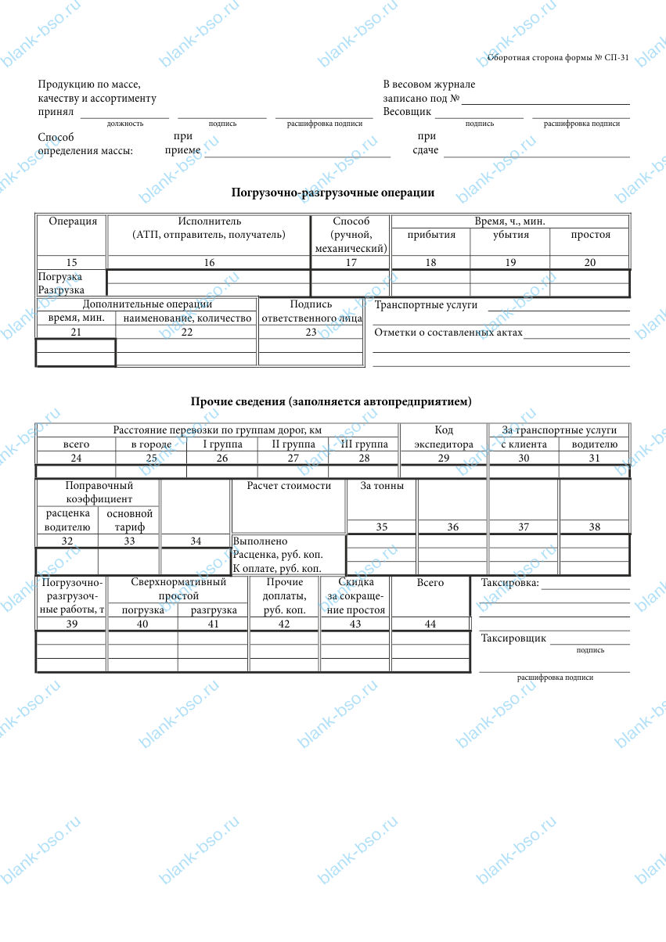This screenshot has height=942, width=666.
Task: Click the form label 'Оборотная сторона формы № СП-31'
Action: click(558, 58)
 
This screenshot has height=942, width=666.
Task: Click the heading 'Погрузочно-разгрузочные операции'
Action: click(333, 192)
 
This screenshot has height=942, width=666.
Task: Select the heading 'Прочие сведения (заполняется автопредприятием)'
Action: click(332, 401)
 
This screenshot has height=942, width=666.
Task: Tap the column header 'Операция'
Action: click(73, 221)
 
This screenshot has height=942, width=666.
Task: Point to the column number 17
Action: click(351, 263)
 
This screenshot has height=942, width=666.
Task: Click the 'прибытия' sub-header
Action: click(431, 235)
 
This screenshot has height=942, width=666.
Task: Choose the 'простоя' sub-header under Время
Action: click(590, 235)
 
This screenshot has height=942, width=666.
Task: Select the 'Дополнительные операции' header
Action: click(147, 304)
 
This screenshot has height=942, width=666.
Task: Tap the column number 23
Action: click(311, 333)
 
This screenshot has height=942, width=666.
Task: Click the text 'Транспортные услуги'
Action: click(426, 305)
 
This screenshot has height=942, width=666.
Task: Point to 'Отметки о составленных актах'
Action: click(448, 333)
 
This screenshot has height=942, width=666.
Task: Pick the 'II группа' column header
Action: click(293, 444)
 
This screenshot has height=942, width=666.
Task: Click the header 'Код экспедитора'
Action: click(444, 437)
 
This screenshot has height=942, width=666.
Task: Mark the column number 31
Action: click(595, 458)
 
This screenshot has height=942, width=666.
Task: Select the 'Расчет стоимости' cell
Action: click(289, 486)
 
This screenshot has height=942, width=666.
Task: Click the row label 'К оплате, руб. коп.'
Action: click(277, 568)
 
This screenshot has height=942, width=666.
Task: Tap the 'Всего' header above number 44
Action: click(430, 583)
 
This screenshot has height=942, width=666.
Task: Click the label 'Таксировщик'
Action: click(513, 638)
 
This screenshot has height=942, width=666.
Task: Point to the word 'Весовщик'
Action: click(407, 112)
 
